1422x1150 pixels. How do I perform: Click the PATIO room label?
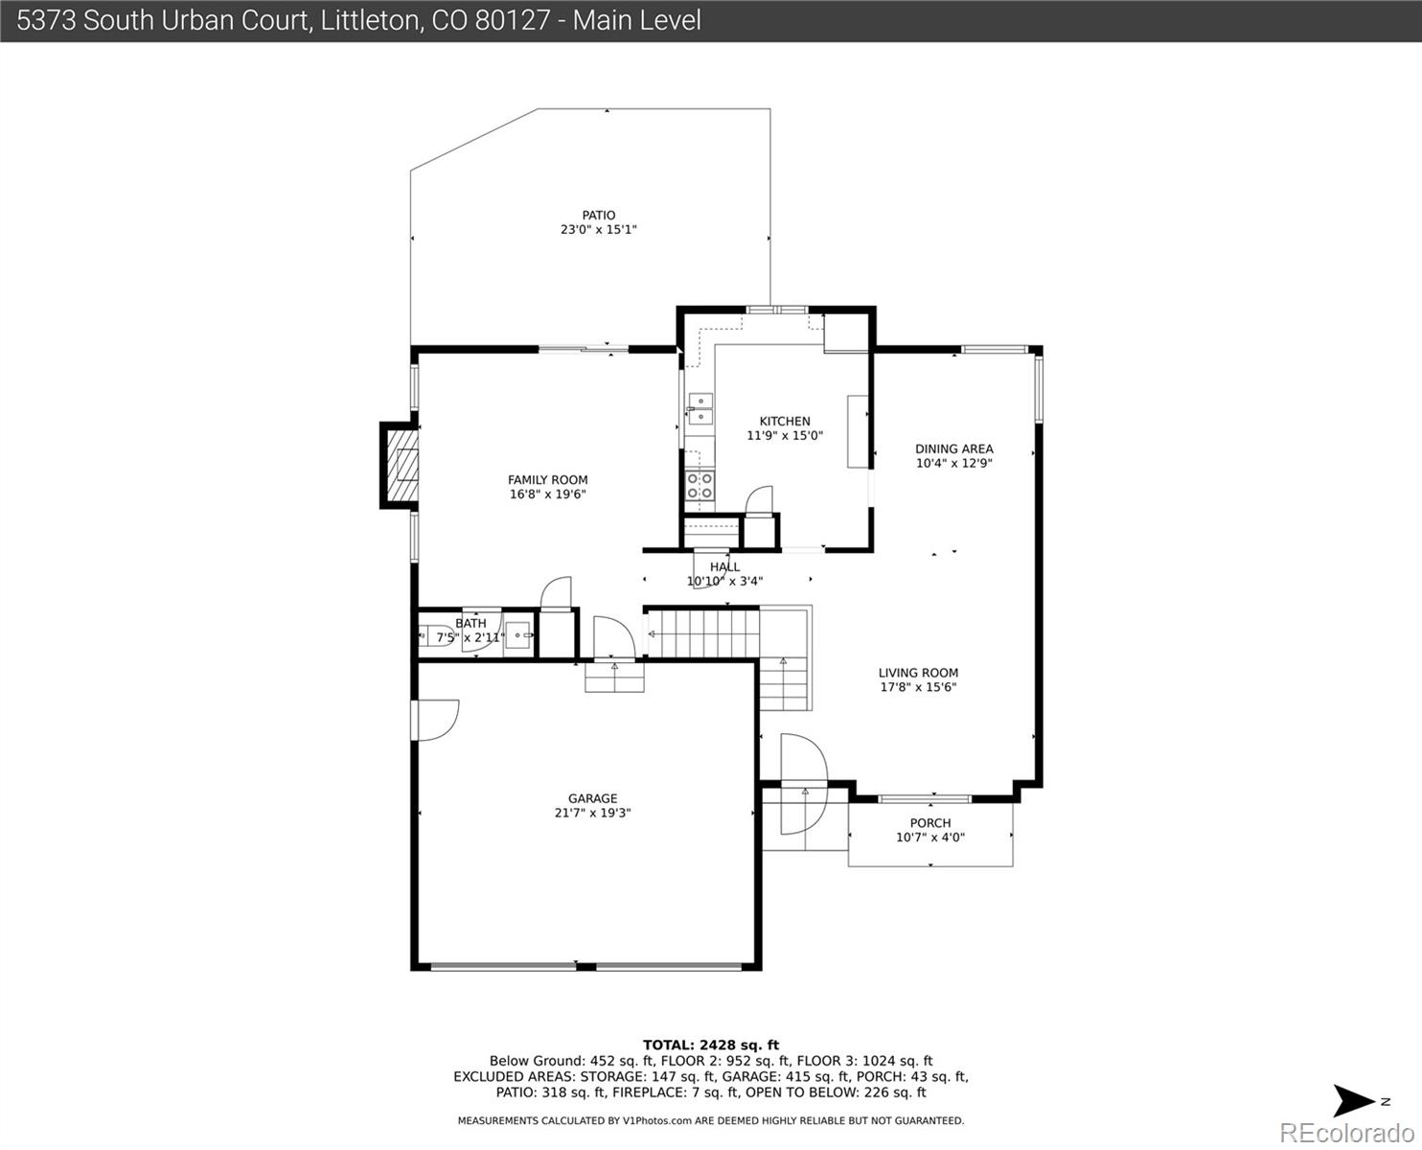pos(599,216)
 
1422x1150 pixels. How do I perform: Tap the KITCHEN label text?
pos(784,422)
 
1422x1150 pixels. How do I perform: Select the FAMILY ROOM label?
pos(547,480)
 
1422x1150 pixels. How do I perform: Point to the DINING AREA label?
pos(953,448)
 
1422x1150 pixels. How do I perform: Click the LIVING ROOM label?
pos(918,673)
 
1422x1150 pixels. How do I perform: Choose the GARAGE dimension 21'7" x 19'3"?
pos(592,813)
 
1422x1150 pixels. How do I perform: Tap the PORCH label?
pos(929,823)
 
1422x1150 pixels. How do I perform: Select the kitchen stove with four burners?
pos(700,486)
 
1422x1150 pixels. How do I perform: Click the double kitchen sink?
pos(700,408)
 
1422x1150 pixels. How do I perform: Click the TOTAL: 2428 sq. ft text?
pos(710,1045)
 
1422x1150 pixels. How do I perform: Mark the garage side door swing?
pos(436,720)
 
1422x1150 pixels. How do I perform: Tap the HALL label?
pos(724,566)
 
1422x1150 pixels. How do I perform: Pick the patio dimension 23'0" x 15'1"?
pos(599,230)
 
